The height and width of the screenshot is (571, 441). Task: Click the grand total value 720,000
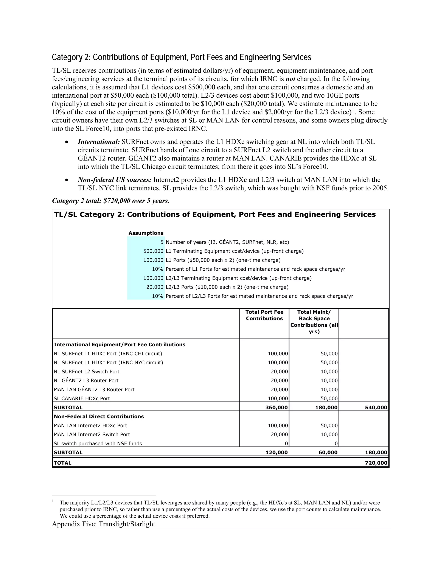click(x=376, y=463)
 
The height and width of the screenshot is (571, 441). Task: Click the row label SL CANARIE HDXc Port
click(x=82, y=398)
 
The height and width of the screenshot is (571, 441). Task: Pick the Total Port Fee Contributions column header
click(x=264, y=315)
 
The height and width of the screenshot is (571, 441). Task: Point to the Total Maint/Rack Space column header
click(x=314, y=321)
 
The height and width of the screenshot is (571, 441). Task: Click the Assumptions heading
click(x=146, y=233)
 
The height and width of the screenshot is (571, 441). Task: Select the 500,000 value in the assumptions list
click(x=153, y=251)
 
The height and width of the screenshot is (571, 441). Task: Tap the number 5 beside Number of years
click(x=162, y=242)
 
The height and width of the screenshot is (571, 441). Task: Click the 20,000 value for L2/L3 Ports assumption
click(x=155, y=287)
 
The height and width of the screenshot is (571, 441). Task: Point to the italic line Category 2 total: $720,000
click(x=111, y=201)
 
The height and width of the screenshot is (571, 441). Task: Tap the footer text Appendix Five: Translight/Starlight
click(x=103, y=524)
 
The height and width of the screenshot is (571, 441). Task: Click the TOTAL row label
click(x=62, y=463)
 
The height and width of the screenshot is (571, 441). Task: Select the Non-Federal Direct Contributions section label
click(x=99, y=417)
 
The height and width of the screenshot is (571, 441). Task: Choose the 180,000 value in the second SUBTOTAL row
click(x=376, y=452)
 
